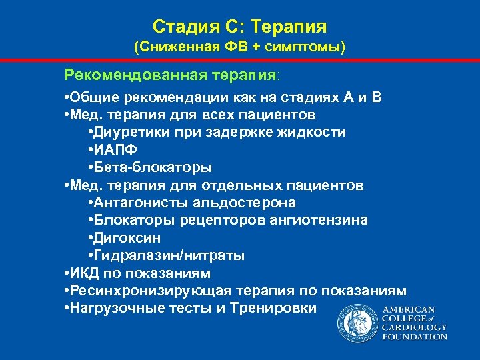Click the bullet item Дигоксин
[x=126, y=237]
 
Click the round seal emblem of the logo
[x=357, y=322]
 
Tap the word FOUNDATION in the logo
[x=415, y=337]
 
